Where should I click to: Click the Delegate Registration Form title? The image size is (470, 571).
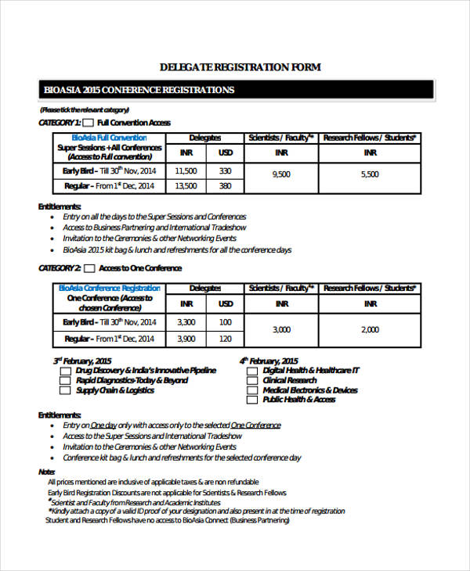pyautogui.click(x=240, y=67)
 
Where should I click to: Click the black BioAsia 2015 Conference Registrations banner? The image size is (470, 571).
pyautogui.click(x=235, y=90)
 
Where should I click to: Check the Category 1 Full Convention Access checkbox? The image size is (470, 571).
pyautogui.click(x=89, y=123)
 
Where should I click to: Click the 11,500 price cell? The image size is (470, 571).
pyautogui.click(x=186, y=171)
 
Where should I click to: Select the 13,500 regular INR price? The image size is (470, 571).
pyautogui.click(x=186, y=186)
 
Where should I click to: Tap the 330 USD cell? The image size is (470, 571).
pyautogui.click(x=225, y=171)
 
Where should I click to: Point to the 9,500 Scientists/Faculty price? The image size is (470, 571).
pyautogui.click(x=280, y=174)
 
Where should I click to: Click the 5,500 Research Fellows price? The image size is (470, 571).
pyautogui.click(x=370, y=174)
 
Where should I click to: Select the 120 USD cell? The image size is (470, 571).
pyautogui.click(x=225, y=339)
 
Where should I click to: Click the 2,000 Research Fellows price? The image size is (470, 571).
pyautogui.click(x=370, y=330)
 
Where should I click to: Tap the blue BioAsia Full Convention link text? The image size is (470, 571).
pyautogui.click(x=110, y=138)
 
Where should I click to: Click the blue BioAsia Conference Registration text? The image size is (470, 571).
pyautogui.click(x=110, y=288)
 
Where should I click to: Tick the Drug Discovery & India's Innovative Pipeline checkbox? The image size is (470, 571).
pyautogui.click(x=65, y=371)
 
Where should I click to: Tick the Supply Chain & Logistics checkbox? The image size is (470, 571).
pyautogui.click(x=65, y=390)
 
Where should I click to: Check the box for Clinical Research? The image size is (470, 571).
pyautogui.click(x=251, y=380)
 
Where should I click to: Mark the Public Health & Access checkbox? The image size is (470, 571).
pyautogui.click(x=251, y=400)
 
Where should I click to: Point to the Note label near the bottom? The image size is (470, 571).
pyautogui.click(x=46, y=472)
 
